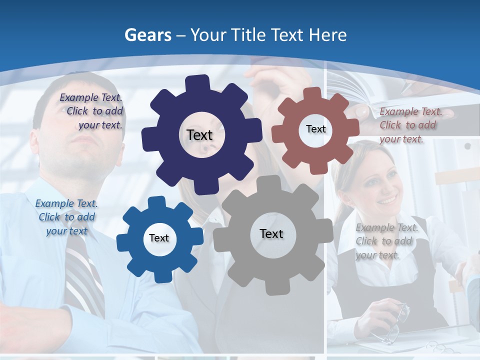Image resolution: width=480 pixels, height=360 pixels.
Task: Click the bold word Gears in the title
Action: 147,35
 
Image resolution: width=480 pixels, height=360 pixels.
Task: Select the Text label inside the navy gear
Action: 200,135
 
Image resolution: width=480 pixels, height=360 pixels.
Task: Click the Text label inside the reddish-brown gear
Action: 315,129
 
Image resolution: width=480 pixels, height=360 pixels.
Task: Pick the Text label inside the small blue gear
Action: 159,238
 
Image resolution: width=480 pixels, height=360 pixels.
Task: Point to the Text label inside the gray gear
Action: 271,233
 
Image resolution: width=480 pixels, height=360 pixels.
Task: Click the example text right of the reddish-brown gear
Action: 409,125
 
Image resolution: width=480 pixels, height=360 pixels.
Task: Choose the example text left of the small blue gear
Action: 66,217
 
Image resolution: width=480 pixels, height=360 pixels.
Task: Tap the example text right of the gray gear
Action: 386,241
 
